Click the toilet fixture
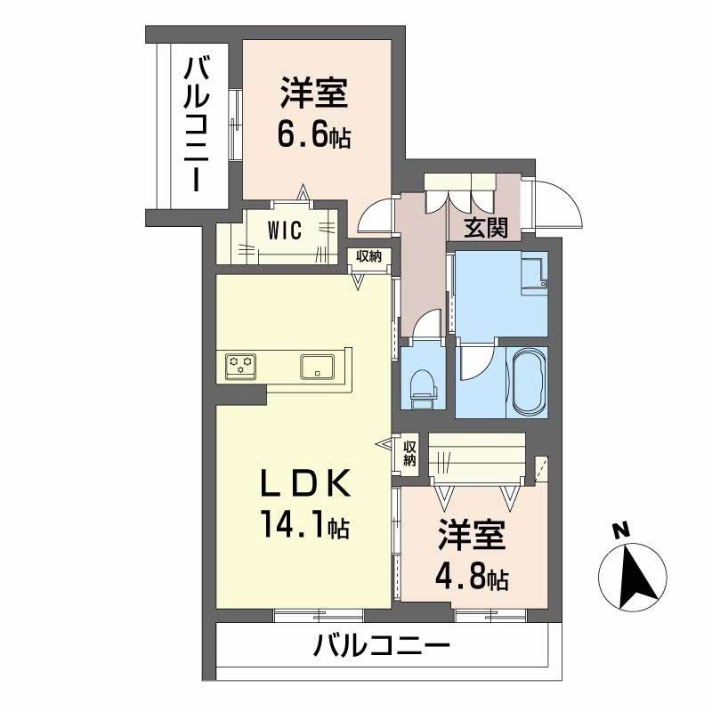423,385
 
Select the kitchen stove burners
241,365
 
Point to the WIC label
286,230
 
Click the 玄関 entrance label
486,229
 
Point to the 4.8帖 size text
471,578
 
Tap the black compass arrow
635,577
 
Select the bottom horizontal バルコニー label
382,644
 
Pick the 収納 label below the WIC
368,255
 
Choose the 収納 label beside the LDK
409,453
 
